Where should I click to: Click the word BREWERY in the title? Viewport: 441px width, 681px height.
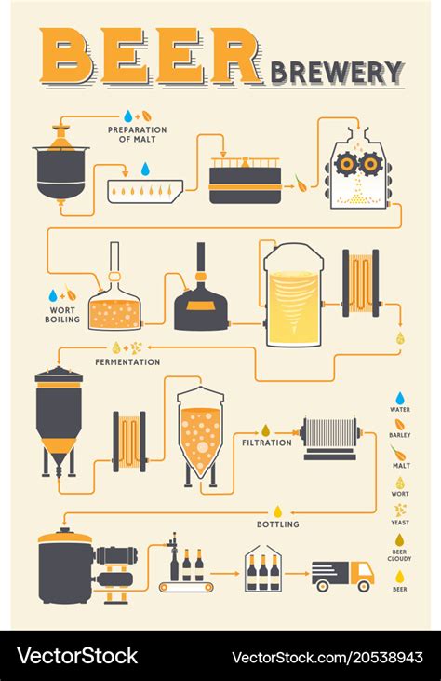(x=337, y=72)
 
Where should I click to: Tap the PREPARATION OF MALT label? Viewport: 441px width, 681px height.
(x=137, y=135)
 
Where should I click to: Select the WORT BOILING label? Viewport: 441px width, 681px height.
(x=61, y=314)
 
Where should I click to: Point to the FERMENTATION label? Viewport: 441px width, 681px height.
(x=127, y=361)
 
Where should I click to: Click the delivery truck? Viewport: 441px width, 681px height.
(x=341, y=575)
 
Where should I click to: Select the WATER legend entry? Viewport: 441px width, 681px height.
(x=400, y=402)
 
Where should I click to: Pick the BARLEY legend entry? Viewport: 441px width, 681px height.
(x=400, y=429)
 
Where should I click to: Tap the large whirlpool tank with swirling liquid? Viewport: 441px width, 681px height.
(x=293, y=296)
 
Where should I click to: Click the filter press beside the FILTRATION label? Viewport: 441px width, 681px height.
(x=330, y=435)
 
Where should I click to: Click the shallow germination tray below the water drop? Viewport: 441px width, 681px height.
(x=145, y=191)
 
